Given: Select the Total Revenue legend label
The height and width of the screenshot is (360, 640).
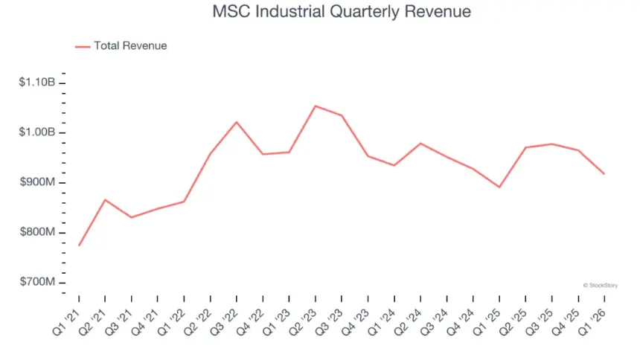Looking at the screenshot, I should point(130,46).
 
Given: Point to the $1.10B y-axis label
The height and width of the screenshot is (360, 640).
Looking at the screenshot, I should point(37,83).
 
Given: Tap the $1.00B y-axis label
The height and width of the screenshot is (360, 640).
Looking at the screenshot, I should point(37,132).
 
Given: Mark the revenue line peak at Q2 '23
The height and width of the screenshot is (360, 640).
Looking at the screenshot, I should point(316,106).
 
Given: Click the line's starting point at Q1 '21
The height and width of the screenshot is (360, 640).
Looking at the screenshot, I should point(79,245).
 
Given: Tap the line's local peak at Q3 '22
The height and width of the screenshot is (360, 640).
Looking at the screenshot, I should point(237,122).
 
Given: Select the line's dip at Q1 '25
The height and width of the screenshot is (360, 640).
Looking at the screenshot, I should point(499,187).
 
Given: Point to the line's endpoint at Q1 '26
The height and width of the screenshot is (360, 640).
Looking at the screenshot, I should point(604,174).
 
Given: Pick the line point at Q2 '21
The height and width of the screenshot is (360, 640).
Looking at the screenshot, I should point(105,199).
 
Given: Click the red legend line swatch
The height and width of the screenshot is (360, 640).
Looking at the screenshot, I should point(82,47).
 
